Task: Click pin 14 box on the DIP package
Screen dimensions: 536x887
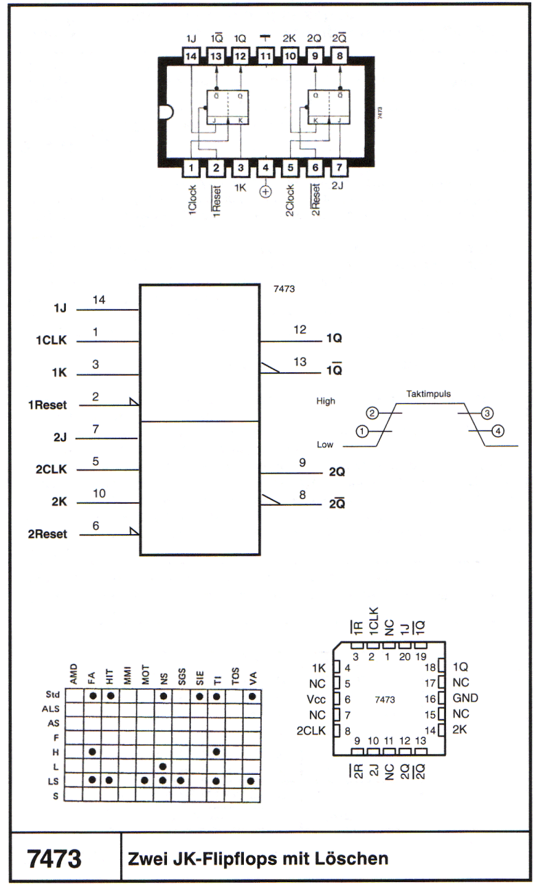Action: (190, 56)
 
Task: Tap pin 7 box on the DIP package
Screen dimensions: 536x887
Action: (339, 167)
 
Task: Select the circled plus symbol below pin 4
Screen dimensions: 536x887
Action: (265, 192)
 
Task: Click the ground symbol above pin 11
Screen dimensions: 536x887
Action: (265, 38)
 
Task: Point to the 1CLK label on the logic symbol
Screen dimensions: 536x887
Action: (52, 340)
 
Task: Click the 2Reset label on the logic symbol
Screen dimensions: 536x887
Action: (47, 534)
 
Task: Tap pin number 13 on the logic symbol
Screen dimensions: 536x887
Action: (300, 361)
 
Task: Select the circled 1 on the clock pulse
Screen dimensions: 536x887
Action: (362, 431)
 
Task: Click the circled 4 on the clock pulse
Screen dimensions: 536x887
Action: (498, 431)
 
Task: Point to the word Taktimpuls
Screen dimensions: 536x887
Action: (428, 394)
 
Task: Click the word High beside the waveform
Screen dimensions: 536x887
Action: (326, 401)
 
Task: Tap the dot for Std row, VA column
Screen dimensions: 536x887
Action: (252, 696)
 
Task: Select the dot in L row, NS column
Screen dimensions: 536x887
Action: (163, 766)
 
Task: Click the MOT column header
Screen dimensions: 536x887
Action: (145, 674)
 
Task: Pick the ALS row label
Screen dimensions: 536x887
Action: (51, 709)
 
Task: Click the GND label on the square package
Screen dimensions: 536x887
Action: (465, 698)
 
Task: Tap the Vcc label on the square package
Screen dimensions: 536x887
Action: (316, 699)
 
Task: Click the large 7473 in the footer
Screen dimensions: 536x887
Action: (54, 859)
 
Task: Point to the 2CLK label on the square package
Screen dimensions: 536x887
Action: (311, 731)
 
